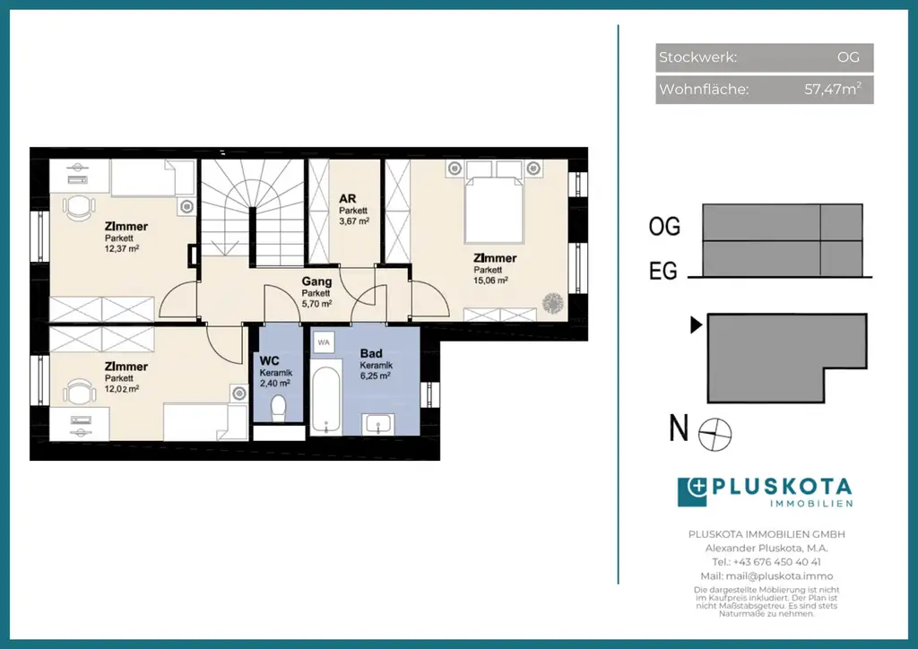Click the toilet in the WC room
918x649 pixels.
tap(279, 407)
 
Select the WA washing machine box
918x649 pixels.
tap(324, 342)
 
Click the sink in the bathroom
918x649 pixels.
tap(378, 424)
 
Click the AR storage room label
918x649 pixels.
tap(348, 199)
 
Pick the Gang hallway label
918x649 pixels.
tap(316, 282)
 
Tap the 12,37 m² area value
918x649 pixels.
tap(122, 248)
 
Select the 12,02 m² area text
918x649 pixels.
tap(122, 388)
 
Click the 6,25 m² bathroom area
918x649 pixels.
tap(376, 376)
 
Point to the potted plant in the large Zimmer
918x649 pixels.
tap(552, 303)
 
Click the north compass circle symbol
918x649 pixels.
tap(714, 435)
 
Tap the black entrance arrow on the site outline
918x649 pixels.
tap(696, 324)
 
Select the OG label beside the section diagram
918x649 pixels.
tap(664, 227)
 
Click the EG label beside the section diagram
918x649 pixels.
tap(663, 271)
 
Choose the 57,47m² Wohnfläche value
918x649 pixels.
tap(833, 89)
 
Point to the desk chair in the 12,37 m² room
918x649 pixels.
tap(79, 207)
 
